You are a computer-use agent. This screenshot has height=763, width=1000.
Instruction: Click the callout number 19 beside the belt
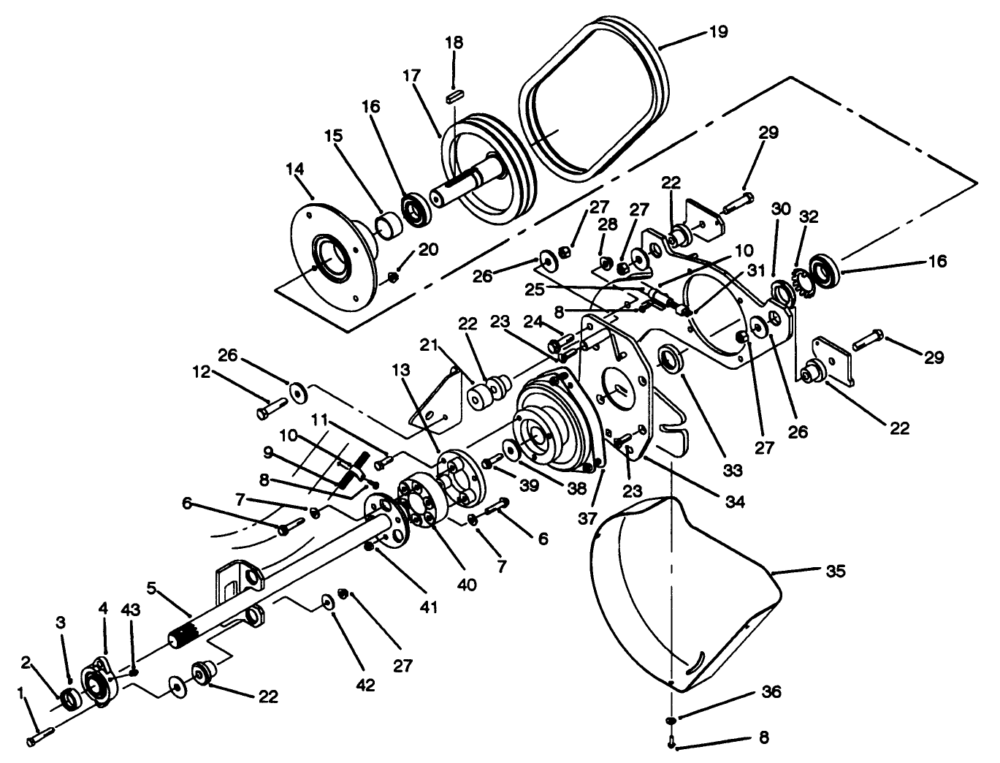tap(718, 32)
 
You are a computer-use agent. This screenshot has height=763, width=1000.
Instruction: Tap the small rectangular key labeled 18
tap(454, 94)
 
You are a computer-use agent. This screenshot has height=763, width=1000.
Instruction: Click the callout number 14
tap(294, 170)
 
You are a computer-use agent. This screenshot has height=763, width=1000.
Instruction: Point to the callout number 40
tap(467, 585)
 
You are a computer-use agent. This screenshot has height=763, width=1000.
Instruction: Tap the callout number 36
tap(771, 691)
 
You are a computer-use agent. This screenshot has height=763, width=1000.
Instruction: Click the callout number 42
tap(365, 686)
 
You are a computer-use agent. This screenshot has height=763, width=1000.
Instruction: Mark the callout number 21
tap(427, 344)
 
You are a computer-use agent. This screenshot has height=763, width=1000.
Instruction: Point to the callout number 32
tap(809, 217)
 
